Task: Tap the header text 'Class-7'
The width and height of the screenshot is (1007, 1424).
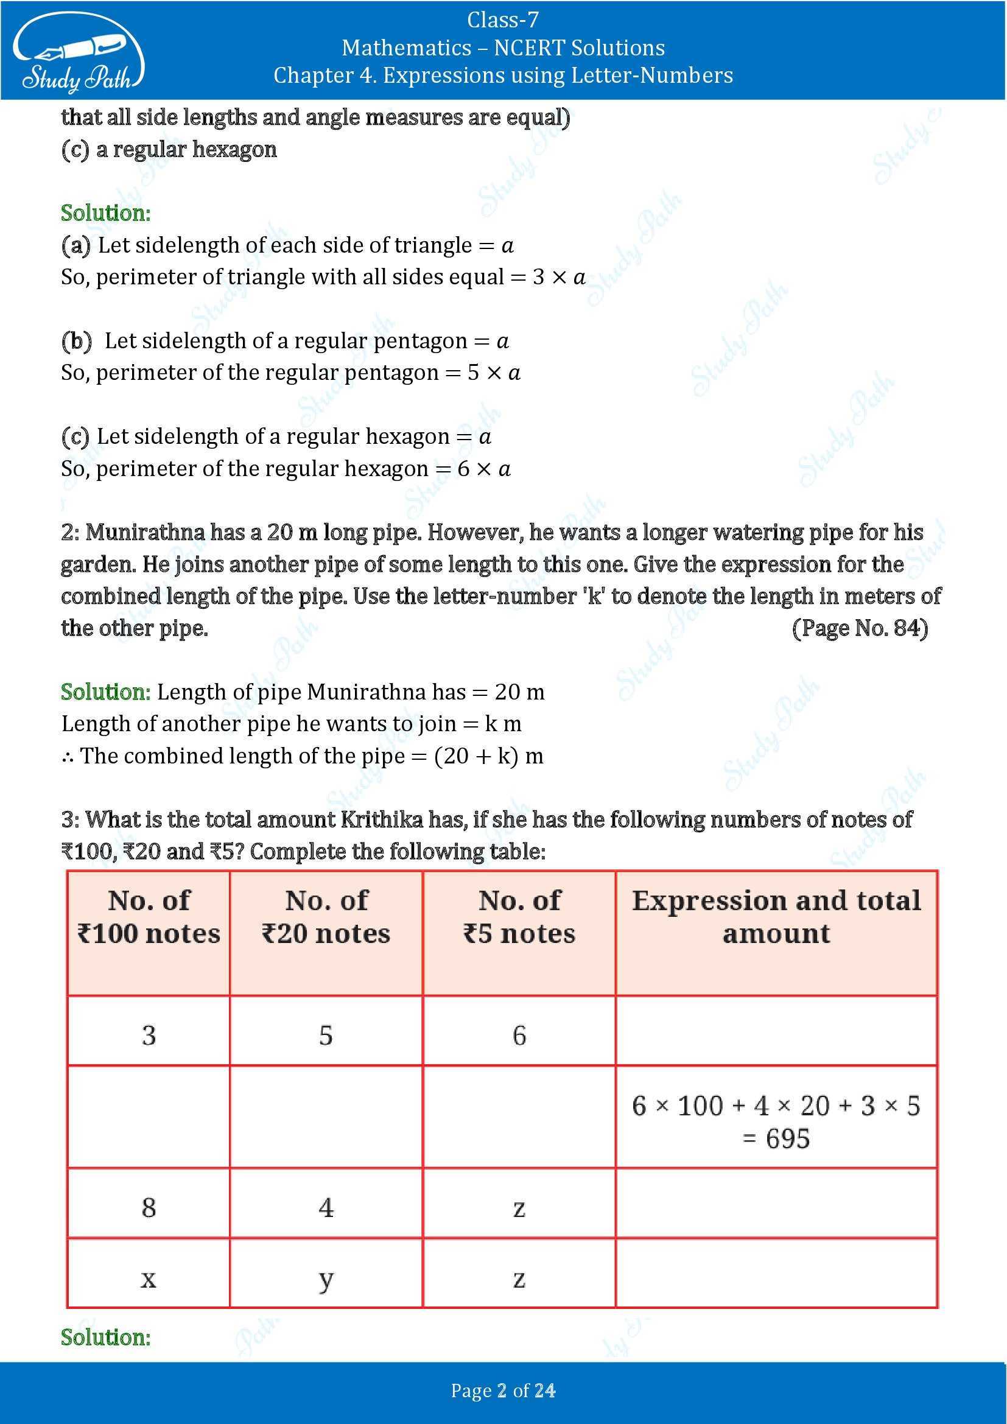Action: coord(503,20)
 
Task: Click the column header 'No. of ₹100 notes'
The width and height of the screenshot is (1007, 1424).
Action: coord(149,917)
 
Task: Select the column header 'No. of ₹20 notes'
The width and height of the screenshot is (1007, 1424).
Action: coord(326,917)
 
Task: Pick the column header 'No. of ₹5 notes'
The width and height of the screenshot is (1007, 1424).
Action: coord(519,917)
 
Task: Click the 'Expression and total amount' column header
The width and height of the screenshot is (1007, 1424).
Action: coord(776,917)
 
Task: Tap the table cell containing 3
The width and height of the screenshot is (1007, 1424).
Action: coord(149,1035)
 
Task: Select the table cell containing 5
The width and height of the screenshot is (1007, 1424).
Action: coord(326,1035)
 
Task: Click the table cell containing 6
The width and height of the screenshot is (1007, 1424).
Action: coord(519,1035)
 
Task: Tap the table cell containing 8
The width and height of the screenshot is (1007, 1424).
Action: coord(149,1207)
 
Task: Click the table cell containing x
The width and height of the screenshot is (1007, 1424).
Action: coord(149,1278)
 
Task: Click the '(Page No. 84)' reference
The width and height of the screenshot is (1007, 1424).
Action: coord(860,628)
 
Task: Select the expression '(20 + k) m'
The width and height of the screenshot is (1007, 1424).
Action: coord(489,756)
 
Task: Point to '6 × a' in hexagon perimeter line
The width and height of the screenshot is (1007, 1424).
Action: coord(484,469)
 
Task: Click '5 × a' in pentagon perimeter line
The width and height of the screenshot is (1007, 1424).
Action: coord(494,373)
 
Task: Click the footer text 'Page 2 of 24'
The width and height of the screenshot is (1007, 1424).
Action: coord(503,1391)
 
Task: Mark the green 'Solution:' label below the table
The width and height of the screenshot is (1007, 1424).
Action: coord(105,1337)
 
